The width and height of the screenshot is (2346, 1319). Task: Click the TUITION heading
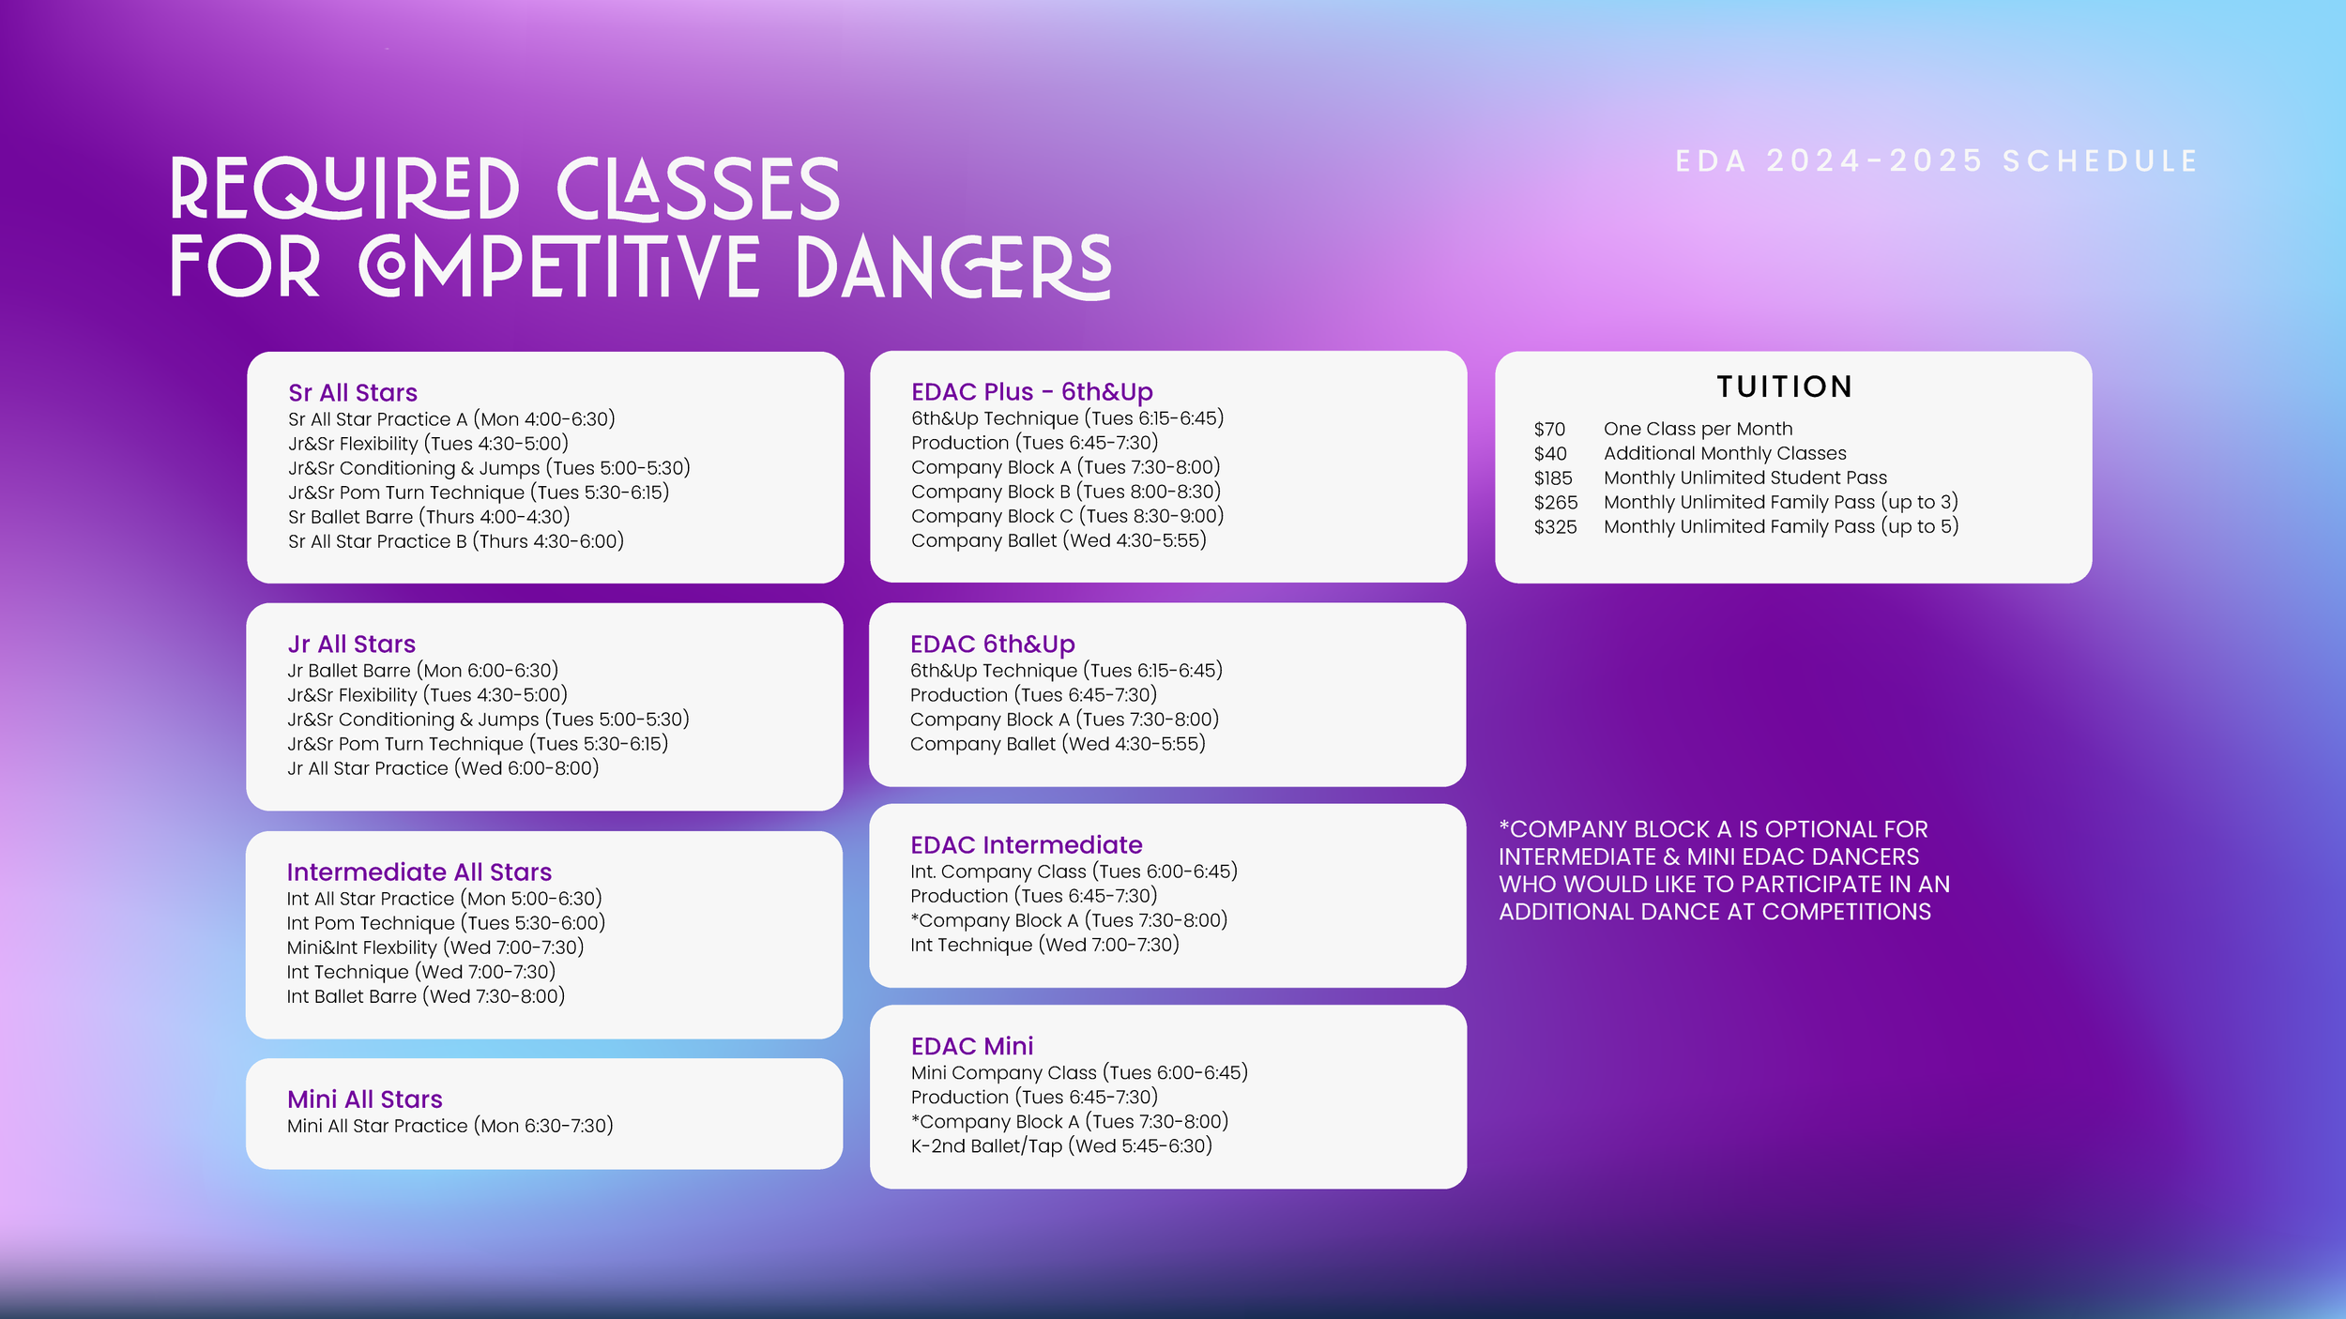(1784, 387)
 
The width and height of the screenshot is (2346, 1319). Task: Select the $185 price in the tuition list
(1553, 478)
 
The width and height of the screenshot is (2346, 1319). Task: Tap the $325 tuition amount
(1555, 527)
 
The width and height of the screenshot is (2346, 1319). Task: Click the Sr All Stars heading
(353, 393)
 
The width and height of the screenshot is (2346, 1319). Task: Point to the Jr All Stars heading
(351, 644)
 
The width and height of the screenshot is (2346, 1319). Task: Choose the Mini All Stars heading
(364, 1099)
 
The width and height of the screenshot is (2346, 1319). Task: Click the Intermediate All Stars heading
(419, 872)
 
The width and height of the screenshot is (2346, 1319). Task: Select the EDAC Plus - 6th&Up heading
(1031, 392)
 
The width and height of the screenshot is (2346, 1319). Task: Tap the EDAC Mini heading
(971, 1046)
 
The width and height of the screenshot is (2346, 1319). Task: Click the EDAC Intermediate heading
(1026, 845)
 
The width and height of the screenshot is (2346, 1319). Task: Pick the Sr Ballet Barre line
(429, 517)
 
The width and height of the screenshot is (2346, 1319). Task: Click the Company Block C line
(1067, 516)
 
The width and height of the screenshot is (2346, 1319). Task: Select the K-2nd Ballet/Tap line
(1061, 1146)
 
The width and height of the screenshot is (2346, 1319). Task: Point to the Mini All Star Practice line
(449, 1126)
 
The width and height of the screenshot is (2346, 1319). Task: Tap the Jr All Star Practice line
(442, 768)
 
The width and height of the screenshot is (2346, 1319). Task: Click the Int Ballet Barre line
(425, 996)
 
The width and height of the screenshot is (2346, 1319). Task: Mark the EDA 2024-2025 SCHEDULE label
(1937, 161)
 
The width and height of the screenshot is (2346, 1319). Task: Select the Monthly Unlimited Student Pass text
(1744, 478)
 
